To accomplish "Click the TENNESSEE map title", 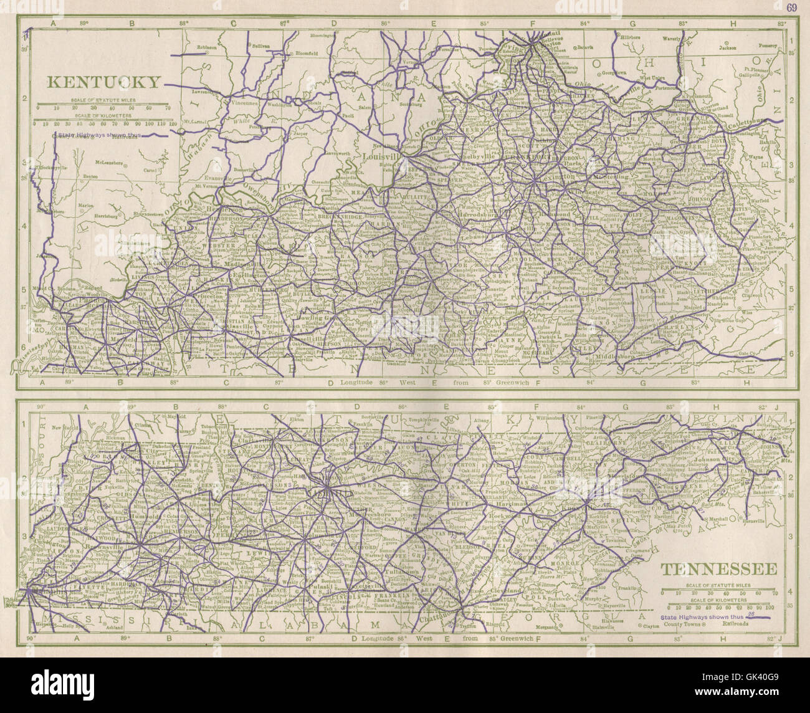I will coord(718,570).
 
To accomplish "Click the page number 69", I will coord(791,7).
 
